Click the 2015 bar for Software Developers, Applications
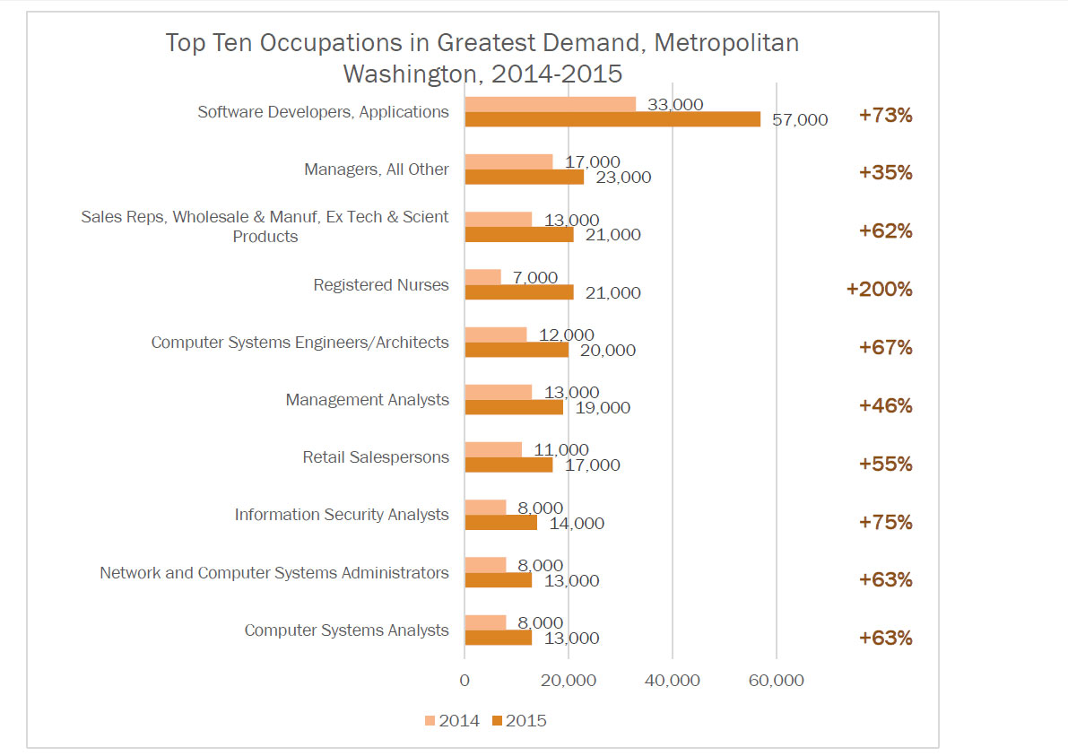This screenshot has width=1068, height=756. pyautogui.click(x=612, y=119)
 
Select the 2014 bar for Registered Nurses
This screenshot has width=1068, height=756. pyautogui.click(x=482, y=277)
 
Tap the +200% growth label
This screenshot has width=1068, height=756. pyautogui.click(x=879, y=290)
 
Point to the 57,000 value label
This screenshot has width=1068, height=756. pyautogui.click(x=800, y=119)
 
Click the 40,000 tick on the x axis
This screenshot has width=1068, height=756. pyautogui.click(x=672, y=681)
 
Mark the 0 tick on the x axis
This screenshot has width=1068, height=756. pyautogui.click(x=465, y=681)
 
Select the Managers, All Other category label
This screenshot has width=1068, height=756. pyautogui.click(x=377, y=169)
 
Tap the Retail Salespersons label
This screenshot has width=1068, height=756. pyautogui.click(x=376, y=457)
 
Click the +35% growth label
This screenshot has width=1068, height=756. pyautogui.click(x=885, y=173)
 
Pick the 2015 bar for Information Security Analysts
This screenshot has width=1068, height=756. pyautogui.click(x=500, y=522)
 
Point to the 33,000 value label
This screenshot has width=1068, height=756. pyautogui.click(x=675, y=104)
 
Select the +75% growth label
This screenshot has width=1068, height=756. pyautogui.click(x=885, y=522)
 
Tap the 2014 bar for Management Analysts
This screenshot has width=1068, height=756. pyautogui.click(x=498, y=392)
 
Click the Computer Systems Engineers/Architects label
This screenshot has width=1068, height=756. pyautogui.click(x=300, y=343)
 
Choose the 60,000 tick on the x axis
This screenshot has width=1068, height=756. pyautogui.click(x=776, y=681)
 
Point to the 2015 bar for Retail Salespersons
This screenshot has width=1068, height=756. pyautogui.click(x=508, y=465)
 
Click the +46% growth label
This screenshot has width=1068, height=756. pyautogui.click(x=885, y=405)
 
